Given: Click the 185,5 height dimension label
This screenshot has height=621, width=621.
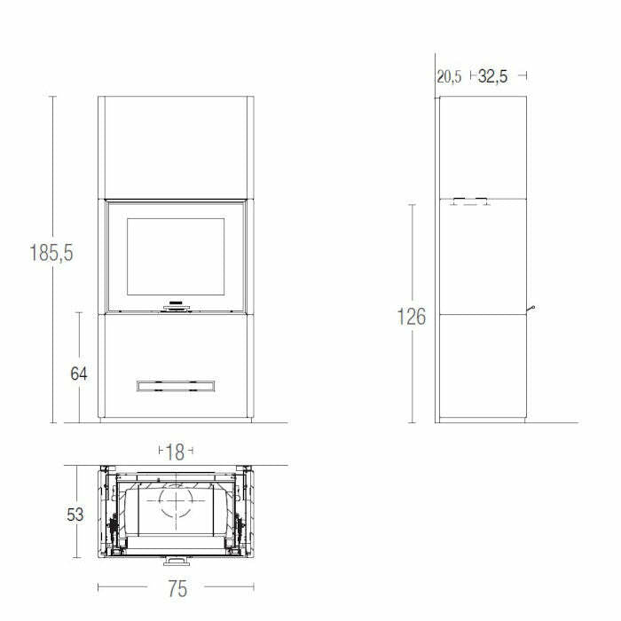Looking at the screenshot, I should [51, 253].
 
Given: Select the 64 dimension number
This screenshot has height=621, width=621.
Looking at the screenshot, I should [79, 373].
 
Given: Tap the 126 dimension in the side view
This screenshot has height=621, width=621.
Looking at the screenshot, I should [411, 317].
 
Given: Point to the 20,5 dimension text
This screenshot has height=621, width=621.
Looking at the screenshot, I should [449, 77].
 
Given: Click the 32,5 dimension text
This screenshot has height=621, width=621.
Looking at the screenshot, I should [492, 77].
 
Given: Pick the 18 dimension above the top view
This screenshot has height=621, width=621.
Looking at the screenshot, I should [175, 452].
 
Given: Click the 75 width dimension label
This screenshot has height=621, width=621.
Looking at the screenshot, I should [176, 587].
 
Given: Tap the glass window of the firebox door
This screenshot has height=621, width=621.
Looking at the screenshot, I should [175, 257].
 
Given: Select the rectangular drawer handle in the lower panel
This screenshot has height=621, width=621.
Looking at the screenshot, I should [175, 385].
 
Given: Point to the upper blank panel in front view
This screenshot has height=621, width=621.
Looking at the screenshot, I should [175, 146].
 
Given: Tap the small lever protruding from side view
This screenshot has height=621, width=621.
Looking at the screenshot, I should [532, 308].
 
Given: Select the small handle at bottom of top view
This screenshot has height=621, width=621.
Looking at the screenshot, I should [176, 562].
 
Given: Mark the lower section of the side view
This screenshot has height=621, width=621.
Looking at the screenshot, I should [483, 366].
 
